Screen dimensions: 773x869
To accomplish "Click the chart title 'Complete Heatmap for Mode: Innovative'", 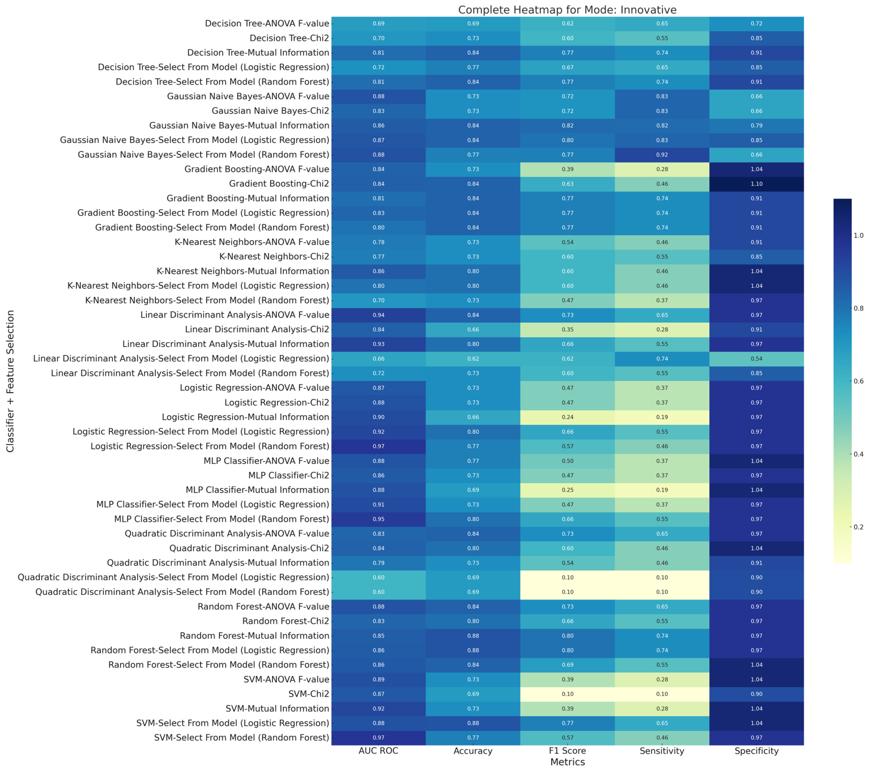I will click(567, 10).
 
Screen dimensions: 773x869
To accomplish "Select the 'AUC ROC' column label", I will click(378, 751).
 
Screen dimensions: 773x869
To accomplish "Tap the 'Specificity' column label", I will click(756, 751).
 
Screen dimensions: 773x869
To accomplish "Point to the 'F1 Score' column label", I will click(567, 751).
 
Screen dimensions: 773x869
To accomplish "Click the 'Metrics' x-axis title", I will click(567, 762).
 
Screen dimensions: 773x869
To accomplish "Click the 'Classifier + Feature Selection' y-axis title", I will click(10, 381).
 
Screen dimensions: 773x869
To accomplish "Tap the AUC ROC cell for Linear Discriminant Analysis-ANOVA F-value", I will click(378, 315).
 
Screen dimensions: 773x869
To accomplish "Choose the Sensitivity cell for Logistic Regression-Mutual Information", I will click(662, 417).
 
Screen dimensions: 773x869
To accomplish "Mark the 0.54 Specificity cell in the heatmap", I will click(756, 359).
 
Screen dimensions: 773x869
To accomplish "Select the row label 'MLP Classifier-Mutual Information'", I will click(257, 490).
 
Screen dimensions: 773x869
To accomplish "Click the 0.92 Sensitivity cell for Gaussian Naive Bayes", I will click(662, 155).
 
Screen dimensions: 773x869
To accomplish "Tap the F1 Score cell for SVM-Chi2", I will click(567, 694).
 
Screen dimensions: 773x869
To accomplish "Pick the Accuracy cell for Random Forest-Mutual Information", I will click(473, 636).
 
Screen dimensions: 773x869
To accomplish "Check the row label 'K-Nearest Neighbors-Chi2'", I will click(274, 257).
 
